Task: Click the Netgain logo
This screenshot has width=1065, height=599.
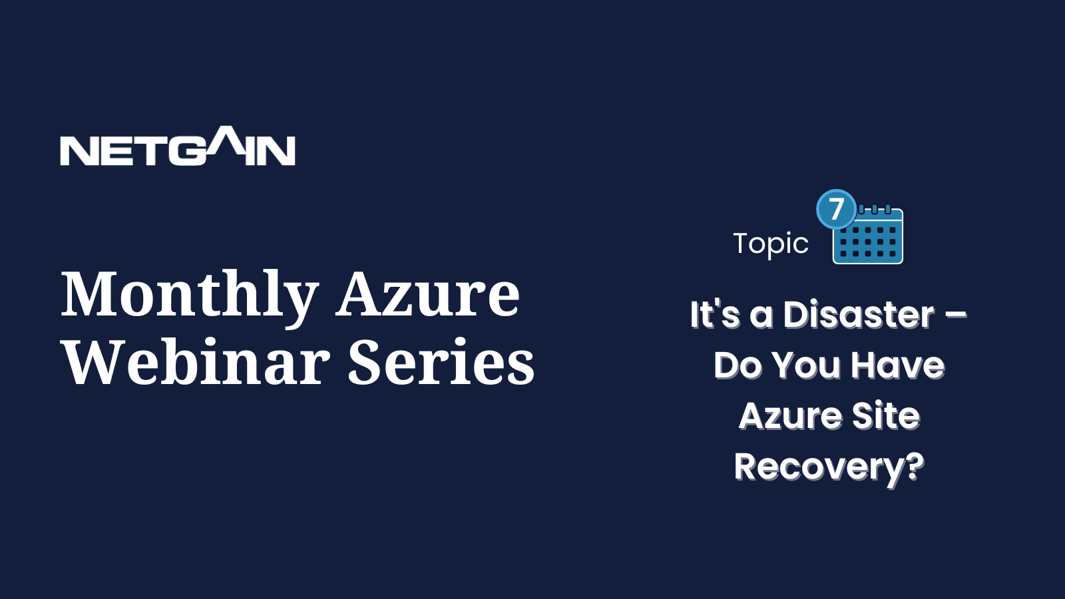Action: click(177, 146)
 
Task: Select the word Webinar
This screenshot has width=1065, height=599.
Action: click(197, 361)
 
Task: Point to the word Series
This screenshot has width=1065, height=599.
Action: click(442, 362)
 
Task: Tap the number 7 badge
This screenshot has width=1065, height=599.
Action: click(836, 209)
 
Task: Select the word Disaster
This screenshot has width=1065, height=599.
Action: click(859, 315)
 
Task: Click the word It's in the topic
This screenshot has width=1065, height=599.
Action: click(715, 315)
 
